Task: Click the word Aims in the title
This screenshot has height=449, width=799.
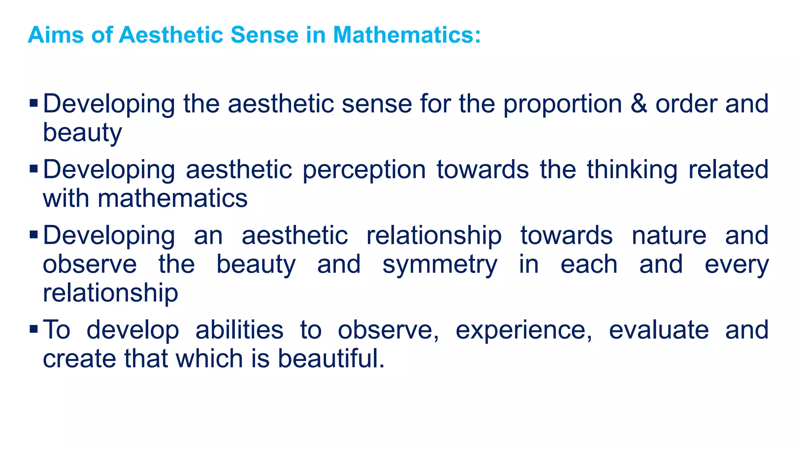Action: (55, 35)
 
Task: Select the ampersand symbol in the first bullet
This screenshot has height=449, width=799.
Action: (638, 104)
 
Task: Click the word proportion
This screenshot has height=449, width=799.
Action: (562, 104)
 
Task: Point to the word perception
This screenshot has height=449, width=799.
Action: (364, 170)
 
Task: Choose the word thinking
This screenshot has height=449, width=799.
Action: (632, 170)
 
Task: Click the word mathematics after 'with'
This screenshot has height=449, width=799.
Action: (172, 198)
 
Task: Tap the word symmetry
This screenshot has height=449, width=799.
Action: (440, 265)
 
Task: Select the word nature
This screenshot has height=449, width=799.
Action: (669, 236)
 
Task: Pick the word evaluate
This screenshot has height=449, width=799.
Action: (659, 330)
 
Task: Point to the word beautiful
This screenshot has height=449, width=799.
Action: (330, 358)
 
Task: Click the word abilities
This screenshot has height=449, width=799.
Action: (239, 330)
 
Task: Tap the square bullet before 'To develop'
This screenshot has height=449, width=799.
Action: (34, 329)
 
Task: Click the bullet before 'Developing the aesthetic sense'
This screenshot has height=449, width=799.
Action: (34, 103)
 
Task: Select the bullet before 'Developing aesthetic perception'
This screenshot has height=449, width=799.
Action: (34, 169)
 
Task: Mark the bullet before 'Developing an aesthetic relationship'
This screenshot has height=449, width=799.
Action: (34, 235)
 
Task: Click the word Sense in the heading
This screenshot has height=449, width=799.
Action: (264, 35)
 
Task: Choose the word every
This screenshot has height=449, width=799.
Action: (736, 265)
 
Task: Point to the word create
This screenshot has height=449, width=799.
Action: (79, 359)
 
